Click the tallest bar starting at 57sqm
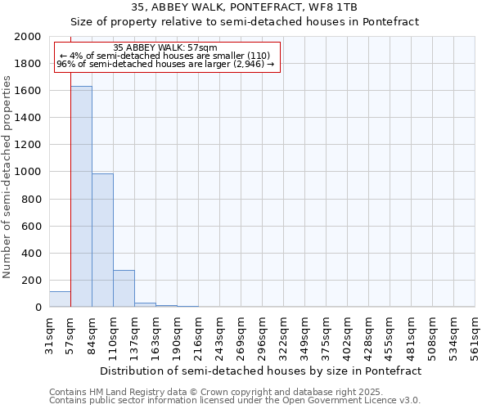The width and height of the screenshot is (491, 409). pyautogui.click(x=81, y=196)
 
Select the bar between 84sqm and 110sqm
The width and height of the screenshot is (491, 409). pyautogui.click(x=102, y=240)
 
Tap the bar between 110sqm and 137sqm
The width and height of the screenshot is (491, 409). pyautogui.click(x=124, y=289)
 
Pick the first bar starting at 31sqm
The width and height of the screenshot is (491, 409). pyautogui.click(x=60, y=299)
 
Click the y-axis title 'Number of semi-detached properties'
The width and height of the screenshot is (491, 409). pyautogui.click(x=7, y=177)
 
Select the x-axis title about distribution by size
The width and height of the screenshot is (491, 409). pyautogui.click(x=261, y=371)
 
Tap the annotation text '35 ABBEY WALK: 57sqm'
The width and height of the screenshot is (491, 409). pyautogui.click(x=165, y=48)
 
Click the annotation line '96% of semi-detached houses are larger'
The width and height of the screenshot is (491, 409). pyautogui.click(x=165, y=64)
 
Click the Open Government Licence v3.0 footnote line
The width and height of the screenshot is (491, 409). pyautogui.click(x=234, y=401)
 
